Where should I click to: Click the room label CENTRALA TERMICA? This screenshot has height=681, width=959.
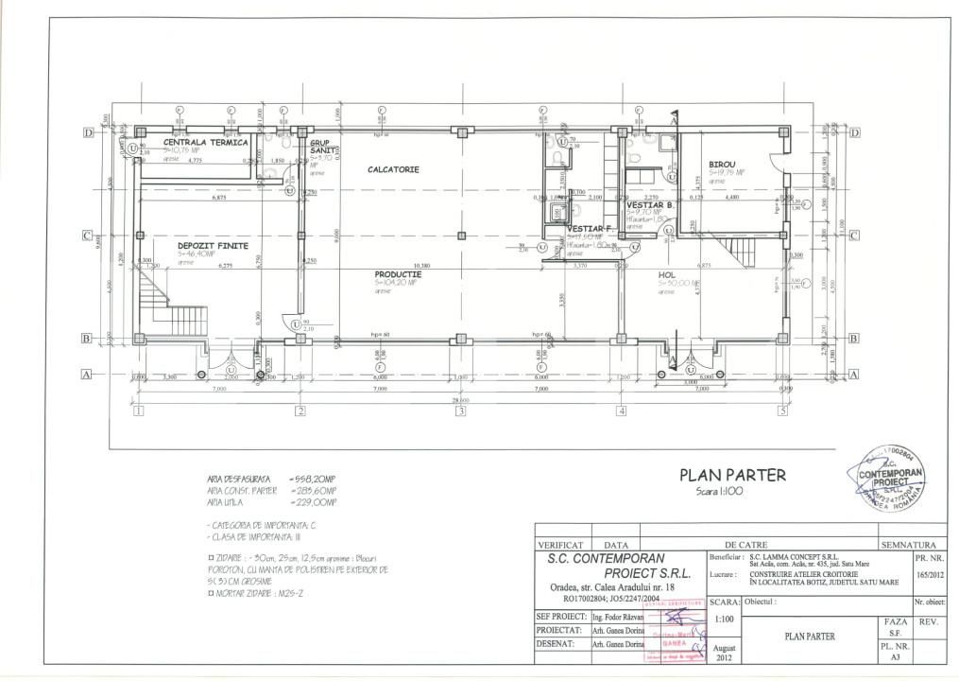205,142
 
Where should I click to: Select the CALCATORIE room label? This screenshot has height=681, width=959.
393,169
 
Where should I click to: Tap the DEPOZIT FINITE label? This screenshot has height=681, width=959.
213,245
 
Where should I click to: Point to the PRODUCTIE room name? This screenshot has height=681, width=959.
397,273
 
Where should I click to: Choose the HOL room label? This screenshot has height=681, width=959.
667,273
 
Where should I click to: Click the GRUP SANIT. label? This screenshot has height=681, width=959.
325,146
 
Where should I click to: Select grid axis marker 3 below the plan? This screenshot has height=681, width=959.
460,411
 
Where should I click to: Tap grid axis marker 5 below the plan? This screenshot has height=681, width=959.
782,411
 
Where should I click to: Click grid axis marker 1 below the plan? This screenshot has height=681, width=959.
138,411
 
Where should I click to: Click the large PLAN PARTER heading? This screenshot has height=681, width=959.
732,475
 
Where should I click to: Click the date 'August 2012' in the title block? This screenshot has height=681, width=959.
724,652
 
